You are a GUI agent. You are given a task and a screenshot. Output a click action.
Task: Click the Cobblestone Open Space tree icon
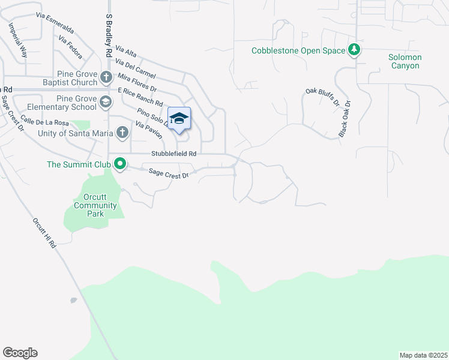(x=355, y=50)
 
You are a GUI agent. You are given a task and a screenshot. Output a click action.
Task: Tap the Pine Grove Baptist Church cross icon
(x=106, y=77)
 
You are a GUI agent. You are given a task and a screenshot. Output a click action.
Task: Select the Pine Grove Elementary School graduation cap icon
(x=106, y=101)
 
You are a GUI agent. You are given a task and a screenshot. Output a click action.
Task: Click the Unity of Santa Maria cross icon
(x=122, y=132)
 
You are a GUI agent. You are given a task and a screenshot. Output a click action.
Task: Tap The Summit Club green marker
(x=120, y=163)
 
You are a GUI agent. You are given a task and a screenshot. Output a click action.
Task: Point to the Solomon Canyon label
(x=405, y=61)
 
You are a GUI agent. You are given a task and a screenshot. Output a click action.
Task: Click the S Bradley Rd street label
(x=110, y=36)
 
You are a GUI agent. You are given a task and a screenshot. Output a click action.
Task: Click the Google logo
(x=20, y=353)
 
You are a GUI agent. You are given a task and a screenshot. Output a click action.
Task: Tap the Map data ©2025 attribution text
(x=423, y=355)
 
